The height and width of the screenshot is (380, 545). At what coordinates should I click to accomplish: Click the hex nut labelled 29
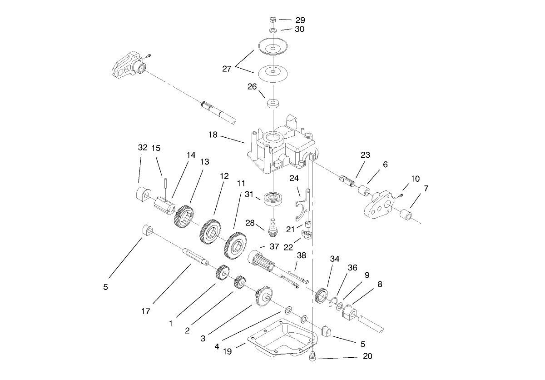click(272, 20)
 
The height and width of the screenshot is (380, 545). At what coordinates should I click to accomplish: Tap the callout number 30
click(299, 29)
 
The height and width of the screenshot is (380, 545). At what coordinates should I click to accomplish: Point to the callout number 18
click(213, 135)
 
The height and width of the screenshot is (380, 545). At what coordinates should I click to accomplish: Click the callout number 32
click(143, 148)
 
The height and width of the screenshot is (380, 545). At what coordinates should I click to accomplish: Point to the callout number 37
click(274, 246)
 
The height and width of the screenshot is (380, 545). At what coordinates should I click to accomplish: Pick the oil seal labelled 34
click(322, 295)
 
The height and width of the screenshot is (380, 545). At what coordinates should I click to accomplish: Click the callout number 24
click(294, 178)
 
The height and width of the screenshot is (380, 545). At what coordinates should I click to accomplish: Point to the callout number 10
click(415, 179)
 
